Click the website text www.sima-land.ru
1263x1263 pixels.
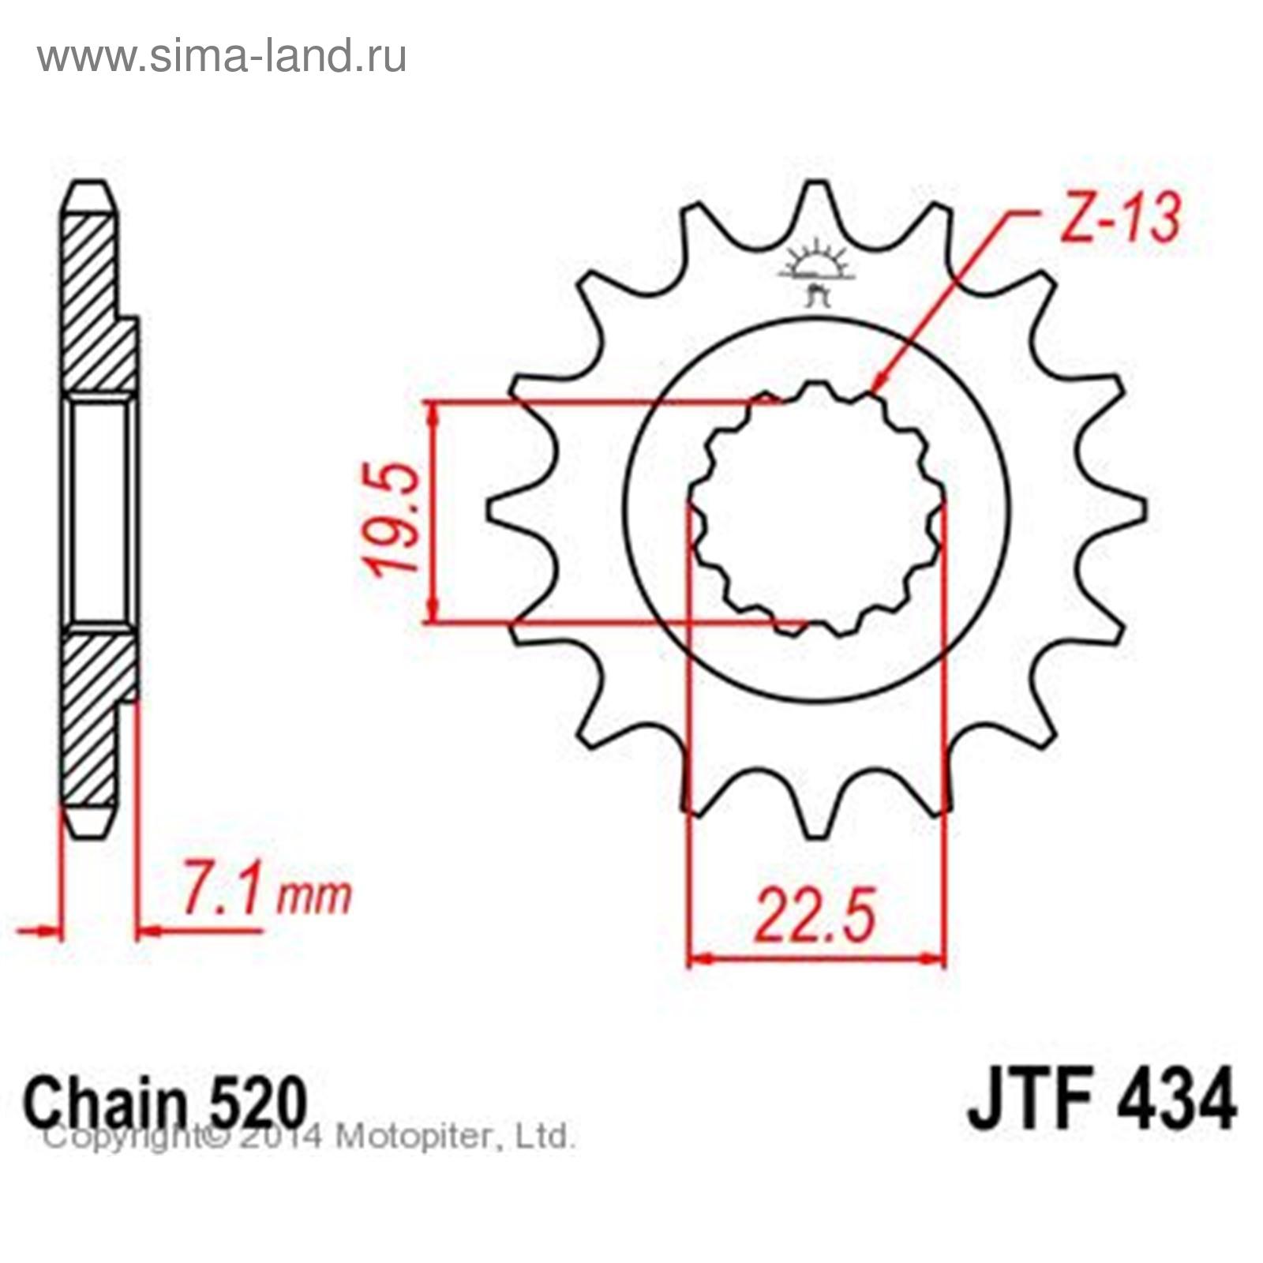[x=222, y=56]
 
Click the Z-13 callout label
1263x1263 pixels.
[x=1120, y=217]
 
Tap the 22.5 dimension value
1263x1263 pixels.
[x=815, y=916]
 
